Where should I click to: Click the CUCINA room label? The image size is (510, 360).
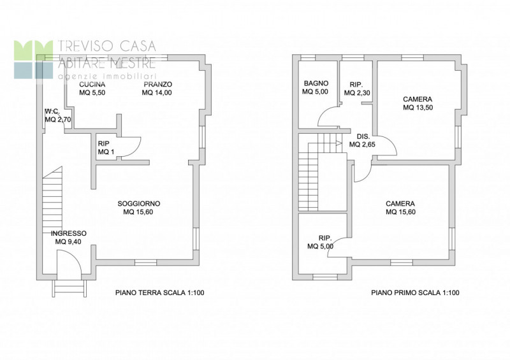click(92, 85)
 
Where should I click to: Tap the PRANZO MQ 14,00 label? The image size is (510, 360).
click(157, 89)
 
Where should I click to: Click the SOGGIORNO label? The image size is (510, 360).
click(139, 204)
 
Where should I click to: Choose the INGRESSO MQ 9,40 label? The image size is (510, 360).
click(69, 238)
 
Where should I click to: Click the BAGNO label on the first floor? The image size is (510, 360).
click(316, 83)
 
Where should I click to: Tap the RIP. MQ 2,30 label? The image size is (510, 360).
click(357, 89)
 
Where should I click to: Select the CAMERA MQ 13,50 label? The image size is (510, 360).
click(418, 103)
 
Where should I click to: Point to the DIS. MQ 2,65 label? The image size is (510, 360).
click(362, 140)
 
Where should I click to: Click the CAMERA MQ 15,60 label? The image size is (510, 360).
click(400, 208)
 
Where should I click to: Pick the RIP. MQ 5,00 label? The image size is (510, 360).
click(321, 242)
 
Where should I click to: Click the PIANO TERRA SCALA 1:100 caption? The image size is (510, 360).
click(160, 292)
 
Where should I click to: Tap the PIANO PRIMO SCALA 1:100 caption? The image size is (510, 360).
click(416, 292)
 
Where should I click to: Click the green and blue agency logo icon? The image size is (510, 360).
click(33, 59)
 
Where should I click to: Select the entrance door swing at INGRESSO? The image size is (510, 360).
click(69, 264)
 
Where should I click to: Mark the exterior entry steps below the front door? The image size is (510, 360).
click(70, 288)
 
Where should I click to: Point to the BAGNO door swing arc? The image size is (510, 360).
click(328, 116)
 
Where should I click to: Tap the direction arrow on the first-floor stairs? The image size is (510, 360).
click(339, 143)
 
